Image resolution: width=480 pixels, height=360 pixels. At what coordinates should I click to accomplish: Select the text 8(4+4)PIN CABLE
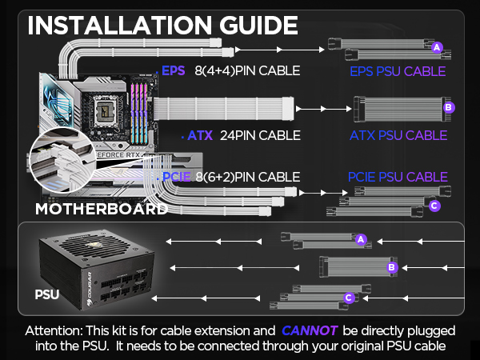coord(247,70)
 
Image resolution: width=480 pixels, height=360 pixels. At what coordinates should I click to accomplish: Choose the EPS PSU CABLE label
coord(397,72)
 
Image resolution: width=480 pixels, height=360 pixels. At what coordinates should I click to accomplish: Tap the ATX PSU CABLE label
coord(397,135)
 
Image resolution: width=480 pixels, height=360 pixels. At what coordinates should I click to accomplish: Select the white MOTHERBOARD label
coord(101,210)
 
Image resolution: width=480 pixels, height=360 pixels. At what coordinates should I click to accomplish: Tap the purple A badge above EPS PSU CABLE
coord(436,47)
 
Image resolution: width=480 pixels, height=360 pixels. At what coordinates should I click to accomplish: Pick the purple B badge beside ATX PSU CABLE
coord(448,106)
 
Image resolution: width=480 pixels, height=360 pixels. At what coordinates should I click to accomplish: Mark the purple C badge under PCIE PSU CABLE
coord(434,206)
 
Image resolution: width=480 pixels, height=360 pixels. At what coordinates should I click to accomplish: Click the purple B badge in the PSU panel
coord(392,267)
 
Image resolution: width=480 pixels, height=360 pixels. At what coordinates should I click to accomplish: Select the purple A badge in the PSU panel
coord(360,238)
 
